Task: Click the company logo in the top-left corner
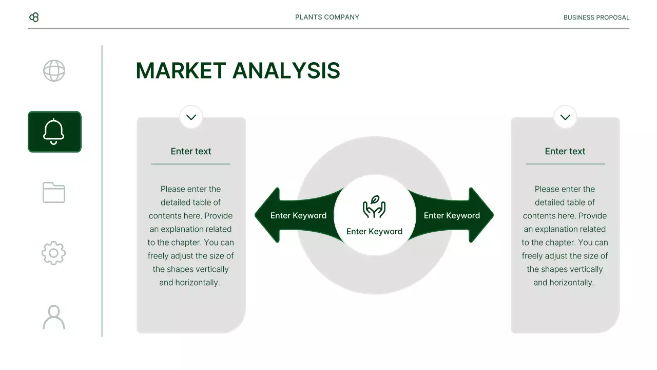click(x=34, y=17)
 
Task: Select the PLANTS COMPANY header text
click(x=327, y=17)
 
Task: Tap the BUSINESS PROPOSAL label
click(x=596, y=17)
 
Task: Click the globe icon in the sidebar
click(x=54, y=71)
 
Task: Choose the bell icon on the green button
click(x=54, y=132)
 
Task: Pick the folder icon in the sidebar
click(x=54, y=193)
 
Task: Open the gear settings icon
click(x=54, y=253)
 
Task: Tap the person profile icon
click(x=54, y=317)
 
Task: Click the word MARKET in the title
click(x=181, y=71)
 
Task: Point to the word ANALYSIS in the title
click(x=286, y=71)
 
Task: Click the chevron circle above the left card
click(x=191, y=117)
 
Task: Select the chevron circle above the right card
click(x=565, y=117)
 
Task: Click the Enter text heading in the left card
click(x=191, y=151)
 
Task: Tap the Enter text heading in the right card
click(x=565, y=151)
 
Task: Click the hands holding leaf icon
click(x=374, y=207)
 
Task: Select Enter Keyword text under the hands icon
click(x=374, y=231)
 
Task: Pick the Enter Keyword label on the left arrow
click(x=298, y=215)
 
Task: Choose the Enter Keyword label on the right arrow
click(x=452, y=215)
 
